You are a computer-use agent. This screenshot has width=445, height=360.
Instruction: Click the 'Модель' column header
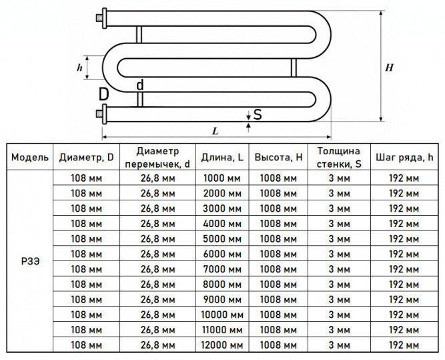[x=30, y=157]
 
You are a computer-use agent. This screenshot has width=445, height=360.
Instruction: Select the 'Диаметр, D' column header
[x=86, y=157]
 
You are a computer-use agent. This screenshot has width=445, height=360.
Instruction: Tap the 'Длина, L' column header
[x=222, y=157]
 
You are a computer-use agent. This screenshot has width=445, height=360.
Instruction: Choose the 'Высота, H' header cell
[x=278, y=157]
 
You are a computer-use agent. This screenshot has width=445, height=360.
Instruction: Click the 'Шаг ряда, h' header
[x=404, y=157]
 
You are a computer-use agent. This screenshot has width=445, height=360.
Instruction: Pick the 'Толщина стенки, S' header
[x=339, y=157]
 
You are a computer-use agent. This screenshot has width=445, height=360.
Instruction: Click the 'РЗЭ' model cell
[x=31, y=261]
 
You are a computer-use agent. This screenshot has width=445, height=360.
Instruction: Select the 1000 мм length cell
[x=222, y=178]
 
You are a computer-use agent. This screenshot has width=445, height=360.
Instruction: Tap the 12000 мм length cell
[x=222, y=345]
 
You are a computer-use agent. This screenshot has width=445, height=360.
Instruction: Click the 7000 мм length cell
[x=222, y=269]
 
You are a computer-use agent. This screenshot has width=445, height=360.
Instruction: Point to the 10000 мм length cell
[x=222, y=315]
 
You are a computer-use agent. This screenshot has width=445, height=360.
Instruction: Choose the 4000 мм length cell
[x=222, y=224]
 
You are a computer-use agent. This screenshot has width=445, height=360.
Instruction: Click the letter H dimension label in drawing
[x=389, y=67]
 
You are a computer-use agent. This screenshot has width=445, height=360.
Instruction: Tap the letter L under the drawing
[x=215, y=131]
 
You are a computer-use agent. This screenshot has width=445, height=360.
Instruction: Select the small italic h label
[x=80, y=67]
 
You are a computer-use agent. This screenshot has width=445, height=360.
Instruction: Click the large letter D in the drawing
[x=104, y=94]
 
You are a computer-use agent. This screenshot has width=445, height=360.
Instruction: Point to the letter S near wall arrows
[x=258, y=115]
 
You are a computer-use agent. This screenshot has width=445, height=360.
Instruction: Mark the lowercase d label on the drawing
[x=140, y=85]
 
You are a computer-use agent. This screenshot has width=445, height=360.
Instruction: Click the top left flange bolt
[x=99, y=19]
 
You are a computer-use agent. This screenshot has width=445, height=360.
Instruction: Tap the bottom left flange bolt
[x=99, y=114]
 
